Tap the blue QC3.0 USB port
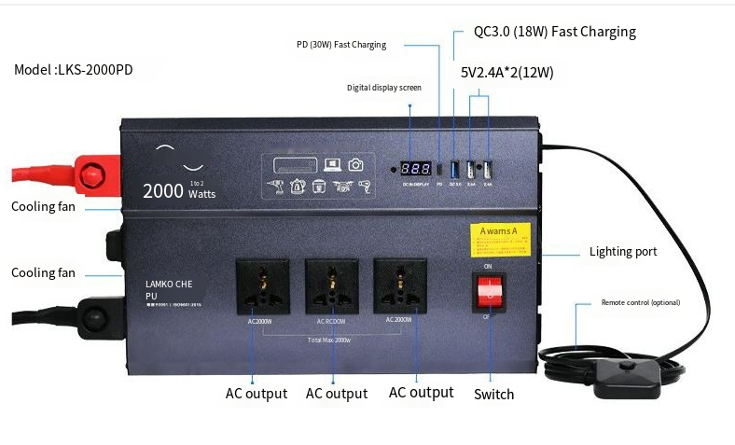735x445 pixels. coord(455,170)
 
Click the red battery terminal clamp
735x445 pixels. coord(93,174)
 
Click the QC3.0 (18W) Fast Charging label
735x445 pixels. coord(554,32)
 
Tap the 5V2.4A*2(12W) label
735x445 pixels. coord(506,72)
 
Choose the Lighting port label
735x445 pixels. coord(623,252)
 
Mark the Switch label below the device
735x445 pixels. coord(493,394)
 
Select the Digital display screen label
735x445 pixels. coord(384,88)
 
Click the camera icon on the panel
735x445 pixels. coord(354,165)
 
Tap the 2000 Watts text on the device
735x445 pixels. coord(178,191)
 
